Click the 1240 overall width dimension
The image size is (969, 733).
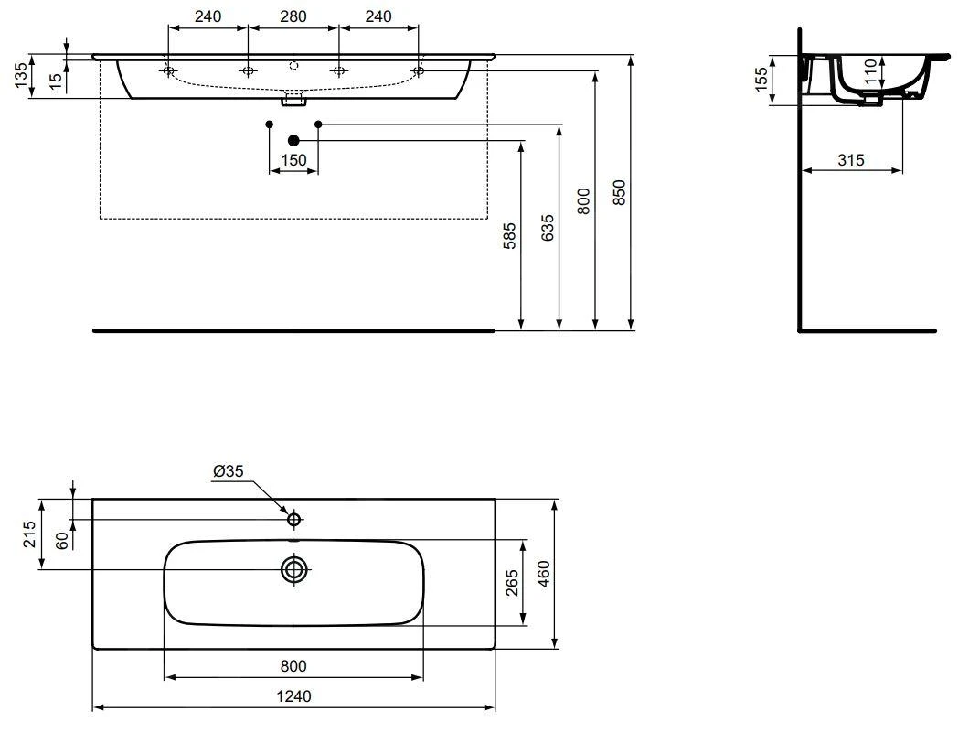tap(293, 696)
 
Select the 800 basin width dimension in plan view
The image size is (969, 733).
tap(293, 666)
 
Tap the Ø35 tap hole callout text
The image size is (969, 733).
tap(228, 471)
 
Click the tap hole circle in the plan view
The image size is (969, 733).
tap(293, 520)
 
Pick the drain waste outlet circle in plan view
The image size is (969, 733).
tap(293, 570)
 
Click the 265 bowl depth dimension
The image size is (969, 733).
tap(513, 583)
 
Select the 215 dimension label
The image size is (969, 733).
tap(29, 534)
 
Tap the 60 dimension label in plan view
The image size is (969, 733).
tap(62, 540)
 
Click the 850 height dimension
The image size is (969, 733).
tap(619, 194)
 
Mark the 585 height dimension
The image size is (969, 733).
tap(510, 235)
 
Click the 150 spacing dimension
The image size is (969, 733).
tap(293, 161)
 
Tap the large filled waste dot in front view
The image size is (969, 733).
tap(293, 140)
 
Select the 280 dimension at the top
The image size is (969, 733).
tap(293, 16)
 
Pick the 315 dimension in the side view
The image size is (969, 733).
tap(851, 160)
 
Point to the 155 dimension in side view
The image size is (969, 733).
tap(761, 80)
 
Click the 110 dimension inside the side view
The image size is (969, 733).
tap(870, 70)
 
